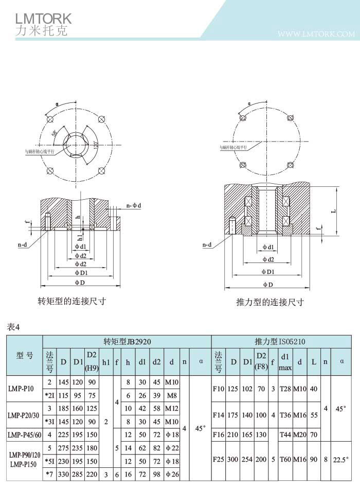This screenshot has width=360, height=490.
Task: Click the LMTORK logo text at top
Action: [43, 18]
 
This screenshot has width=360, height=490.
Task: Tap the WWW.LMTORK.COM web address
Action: [316, 34]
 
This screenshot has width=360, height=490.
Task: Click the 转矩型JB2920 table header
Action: [127, 341]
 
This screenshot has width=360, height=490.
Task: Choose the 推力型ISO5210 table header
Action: [281, 341]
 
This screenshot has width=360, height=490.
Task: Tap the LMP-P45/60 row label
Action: [24, 435]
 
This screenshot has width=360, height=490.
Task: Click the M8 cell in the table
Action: [171, 395]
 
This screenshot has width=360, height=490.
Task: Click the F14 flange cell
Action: [218, 414]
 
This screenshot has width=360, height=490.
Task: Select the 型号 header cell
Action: [24, 356]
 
